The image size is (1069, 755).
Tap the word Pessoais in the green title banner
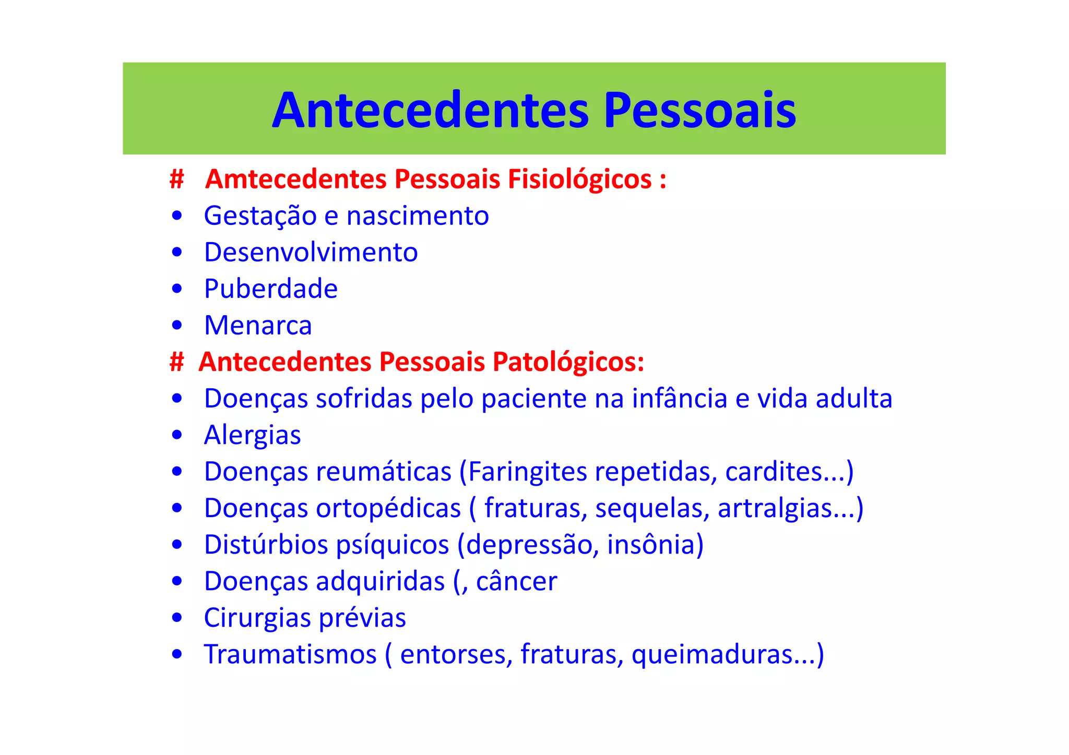click(699, 111)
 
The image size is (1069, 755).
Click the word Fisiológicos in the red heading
click(579, 179)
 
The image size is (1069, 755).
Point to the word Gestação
click(260, 216)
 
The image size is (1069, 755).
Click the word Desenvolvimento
click(311, 253)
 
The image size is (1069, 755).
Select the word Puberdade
click(271, 289)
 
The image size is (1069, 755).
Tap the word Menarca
click(258, 326)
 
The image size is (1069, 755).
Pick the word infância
click(679, 399)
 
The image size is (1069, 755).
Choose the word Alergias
click(252, 435)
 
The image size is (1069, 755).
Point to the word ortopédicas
click(388, 508)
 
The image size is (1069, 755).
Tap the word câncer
click(516, 581)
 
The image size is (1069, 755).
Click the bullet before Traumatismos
click(177, 654)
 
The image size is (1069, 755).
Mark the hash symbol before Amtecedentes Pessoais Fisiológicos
click(177, 179)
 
